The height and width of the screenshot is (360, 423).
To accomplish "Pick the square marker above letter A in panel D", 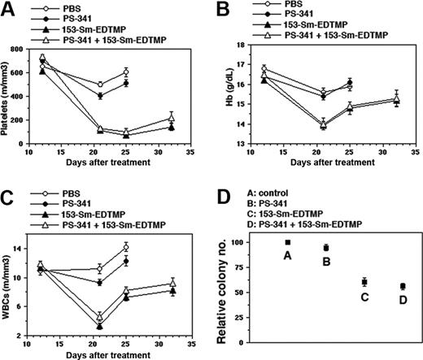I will [287, 242].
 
